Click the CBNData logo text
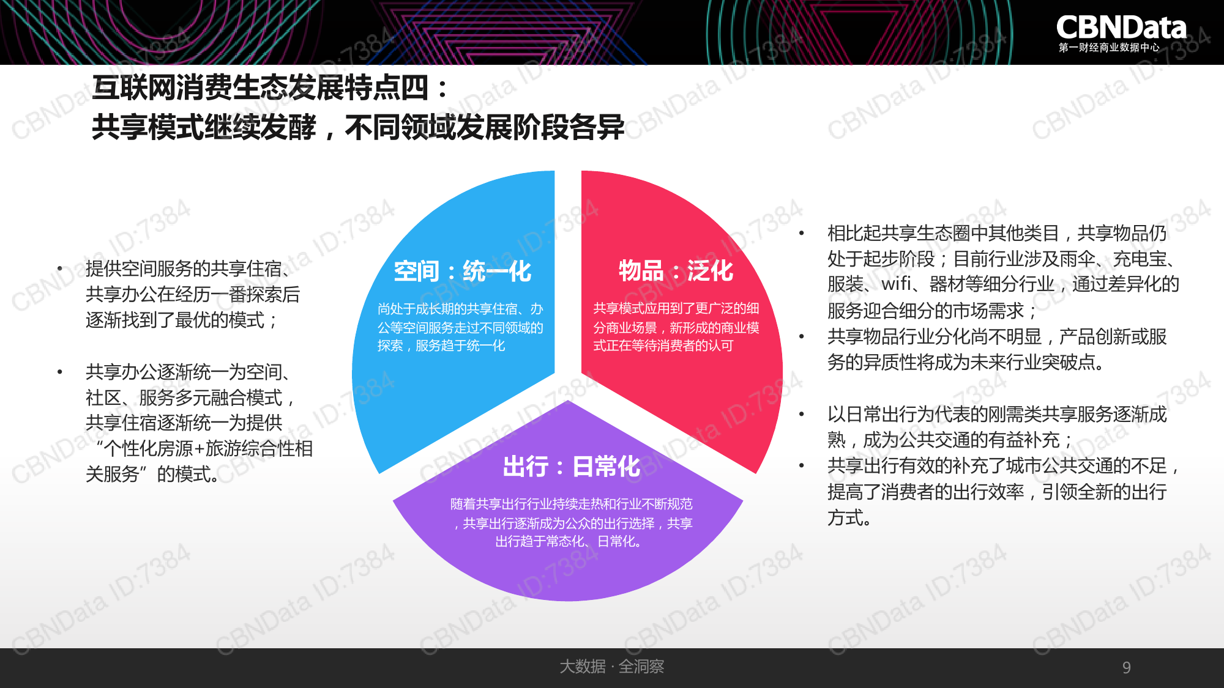1121,28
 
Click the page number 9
1126,667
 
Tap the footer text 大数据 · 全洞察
611,666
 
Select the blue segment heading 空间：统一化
462,271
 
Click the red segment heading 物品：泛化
676,270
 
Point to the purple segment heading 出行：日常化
571,467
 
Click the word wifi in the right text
897,284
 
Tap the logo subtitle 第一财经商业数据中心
1109,48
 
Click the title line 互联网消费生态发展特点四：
271,87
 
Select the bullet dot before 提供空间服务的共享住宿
60,268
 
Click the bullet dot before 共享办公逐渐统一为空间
60,372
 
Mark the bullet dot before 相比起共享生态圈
802,233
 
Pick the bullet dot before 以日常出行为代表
802,414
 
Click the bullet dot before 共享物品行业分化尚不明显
802,336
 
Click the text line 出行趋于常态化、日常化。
569,541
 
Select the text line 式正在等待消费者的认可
663,346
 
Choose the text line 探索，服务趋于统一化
441,346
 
